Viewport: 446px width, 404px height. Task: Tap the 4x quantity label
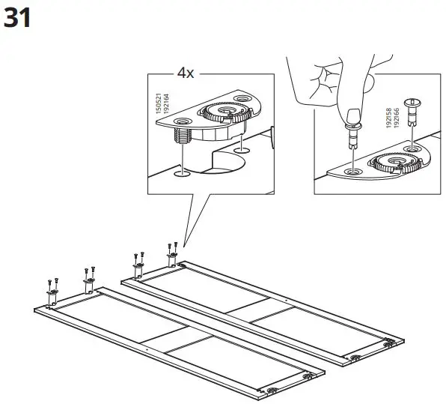point(186,73)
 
